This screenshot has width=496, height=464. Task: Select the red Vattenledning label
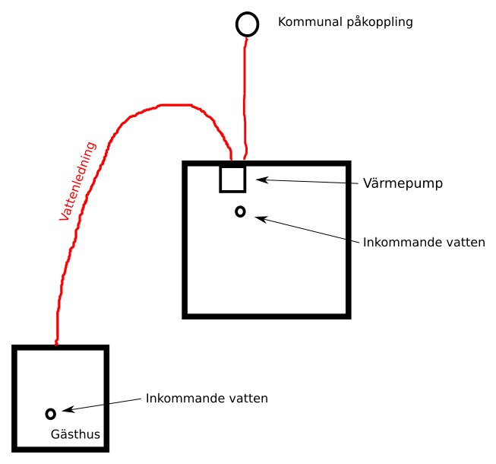tap(77, 181)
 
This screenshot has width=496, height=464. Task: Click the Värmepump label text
tap(403, 183)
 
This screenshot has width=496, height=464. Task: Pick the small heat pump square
tap(220, 180)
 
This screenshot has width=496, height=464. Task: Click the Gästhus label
tap(75, 434)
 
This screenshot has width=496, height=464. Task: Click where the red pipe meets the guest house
tap(56, 345)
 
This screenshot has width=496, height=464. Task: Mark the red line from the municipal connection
tap(245, 98)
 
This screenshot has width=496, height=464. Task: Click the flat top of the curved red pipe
tap(175, 105)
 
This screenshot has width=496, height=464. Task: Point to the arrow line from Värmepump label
tap(307, 182)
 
